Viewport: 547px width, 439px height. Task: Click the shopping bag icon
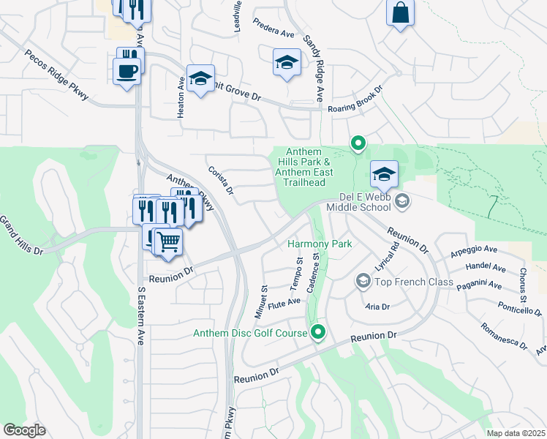click(x=400, y=13)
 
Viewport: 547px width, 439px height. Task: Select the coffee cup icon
click(x=127, y=72)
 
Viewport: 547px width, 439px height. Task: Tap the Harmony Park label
click(x=320, y=244)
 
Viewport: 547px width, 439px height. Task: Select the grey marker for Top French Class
click(x=363, y=281)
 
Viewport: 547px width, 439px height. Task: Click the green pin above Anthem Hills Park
click(x=358, y=143)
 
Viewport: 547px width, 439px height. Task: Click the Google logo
click(x=24, y=430)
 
